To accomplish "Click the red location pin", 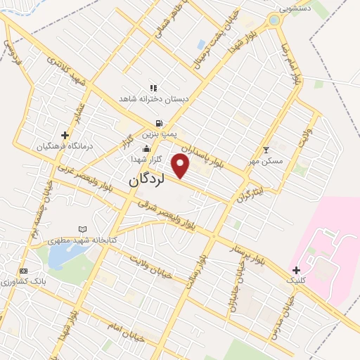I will pos(181,166).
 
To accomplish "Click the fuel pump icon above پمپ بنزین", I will pos(159,122).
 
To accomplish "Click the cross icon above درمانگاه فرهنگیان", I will pos(65,135).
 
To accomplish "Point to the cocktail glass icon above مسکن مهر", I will pos(266,150).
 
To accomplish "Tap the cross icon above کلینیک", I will pos(296,270).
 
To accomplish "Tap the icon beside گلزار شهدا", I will pos(146,148).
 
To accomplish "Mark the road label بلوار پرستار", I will pos(250,251).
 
